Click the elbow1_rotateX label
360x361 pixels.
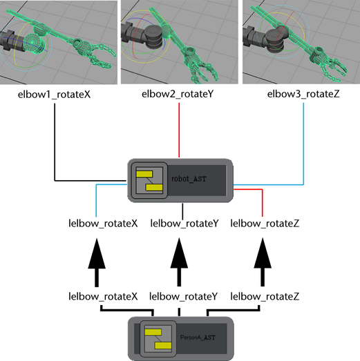pos(54,95)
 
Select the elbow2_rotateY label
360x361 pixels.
pos(178,94)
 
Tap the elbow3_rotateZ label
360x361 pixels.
pos(303,94)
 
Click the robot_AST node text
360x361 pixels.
pos(189,179)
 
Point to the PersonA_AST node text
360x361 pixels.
pos(198,338)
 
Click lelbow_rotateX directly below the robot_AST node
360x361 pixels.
pos(103,224)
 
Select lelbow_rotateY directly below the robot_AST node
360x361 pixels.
pos(184,224)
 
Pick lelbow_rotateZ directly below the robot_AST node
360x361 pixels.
pos(265,224)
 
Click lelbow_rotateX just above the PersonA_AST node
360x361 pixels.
pos(103,296)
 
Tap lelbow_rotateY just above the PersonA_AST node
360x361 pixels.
pos(184,296)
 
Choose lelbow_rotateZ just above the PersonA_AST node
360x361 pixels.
pos(265,296)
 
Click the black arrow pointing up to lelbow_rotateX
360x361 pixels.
pos(97,262)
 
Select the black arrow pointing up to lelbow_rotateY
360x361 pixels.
pos(179,262)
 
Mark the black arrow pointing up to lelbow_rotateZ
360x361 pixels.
pos(263,262)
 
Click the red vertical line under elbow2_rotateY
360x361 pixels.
pos(179,130)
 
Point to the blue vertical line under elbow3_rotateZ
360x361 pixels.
pos(303,144)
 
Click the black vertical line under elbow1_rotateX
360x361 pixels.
pos(55,142)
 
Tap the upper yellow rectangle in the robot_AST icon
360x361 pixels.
pos(144,174)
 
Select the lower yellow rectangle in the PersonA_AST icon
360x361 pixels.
pos(163,346)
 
